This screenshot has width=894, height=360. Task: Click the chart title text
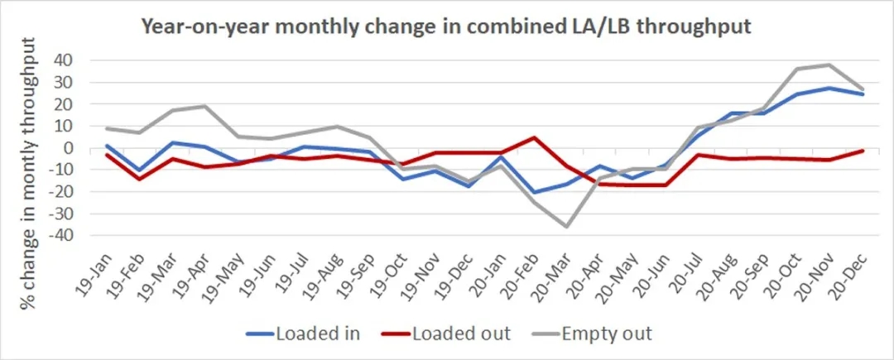point(446,26)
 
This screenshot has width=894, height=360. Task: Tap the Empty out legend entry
point(595,334)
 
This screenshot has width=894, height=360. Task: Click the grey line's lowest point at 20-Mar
point(567,227)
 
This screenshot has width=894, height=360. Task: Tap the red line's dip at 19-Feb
point(139,179)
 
